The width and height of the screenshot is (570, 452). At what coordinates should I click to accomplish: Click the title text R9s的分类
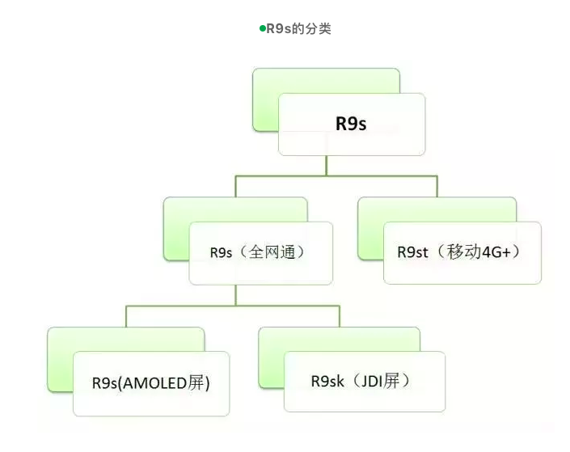298,29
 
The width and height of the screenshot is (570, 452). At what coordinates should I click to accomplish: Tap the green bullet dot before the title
262,28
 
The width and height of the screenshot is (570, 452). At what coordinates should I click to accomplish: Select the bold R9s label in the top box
351,125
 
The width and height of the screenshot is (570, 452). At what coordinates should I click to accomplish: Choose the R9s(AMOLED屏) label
151,382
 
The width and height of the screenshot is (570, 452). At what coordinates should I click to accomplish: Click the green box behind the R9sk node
271,356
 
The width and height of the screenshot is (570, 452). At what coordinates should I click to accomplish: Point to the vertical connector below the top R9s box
327,164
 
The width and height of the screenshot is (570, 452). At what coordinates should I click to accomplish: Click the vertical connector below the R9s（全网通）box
235,295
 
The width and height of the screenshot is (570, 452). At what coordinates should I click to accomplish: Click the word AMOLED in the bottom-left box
154,382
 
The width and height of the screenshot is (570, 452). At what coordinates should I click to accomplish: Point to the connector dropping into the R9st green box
437,185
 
